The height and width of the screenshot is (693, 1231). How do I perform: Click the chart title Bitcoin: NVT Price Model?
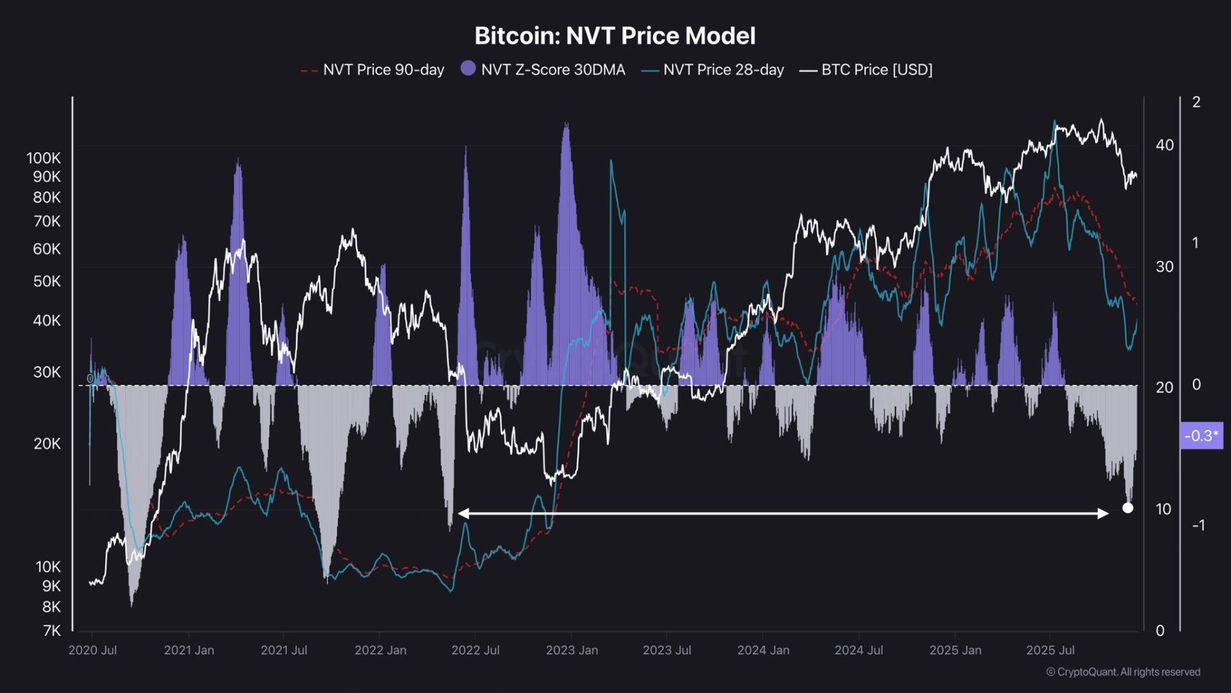tap(615, 36)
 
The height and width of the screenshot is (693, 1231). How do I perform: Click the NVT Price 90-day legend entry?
tap(373, 70)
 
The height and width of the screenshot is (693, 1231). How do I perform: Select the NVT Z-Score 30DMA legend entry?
tap(543, 70)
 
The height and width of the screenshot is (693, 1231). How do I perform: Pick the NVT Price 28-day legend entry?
tap(713, 70)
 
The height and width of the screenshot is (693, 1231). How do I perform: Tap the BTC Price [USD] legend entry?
tap(866, 70)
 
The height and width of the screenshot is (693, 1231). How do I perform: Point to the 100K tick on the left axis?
tap(44, 158)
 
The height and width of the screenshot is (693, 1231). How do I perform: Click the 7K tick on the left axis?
tap(52, 631)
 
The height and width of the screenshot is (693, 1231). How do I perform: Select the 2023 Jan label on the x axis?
tap(572, 650)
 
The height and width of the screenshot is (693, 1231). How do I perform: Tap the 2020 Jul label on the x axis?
tap(92, 650)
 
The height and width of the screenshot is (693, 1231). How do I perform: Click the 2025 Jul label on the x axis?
tap(1050, 650)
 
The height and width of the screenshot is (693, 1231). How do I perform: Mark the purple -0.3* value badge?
tap(1202, 436)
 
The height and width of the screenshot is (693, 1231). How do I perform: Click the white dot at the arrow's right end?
tap(1128, 508)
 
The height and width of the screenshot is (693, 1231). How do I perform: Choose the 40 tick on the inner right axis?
tap(1164, 145)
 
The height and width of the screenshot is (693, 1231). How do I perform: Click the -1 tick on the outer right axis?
tap(1198, 526)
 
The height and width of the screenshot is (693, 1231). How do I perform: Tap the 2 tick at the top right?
tap(1196, 102)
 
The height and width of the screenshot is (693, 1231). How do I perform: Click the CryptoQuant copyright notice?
tap(1123, 672)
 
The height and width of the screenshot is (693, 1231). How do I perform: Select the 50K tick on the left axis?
tap(47, 281)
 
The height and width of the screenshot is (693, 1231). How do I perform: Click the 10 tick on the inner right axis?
tap(1163, 509)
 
